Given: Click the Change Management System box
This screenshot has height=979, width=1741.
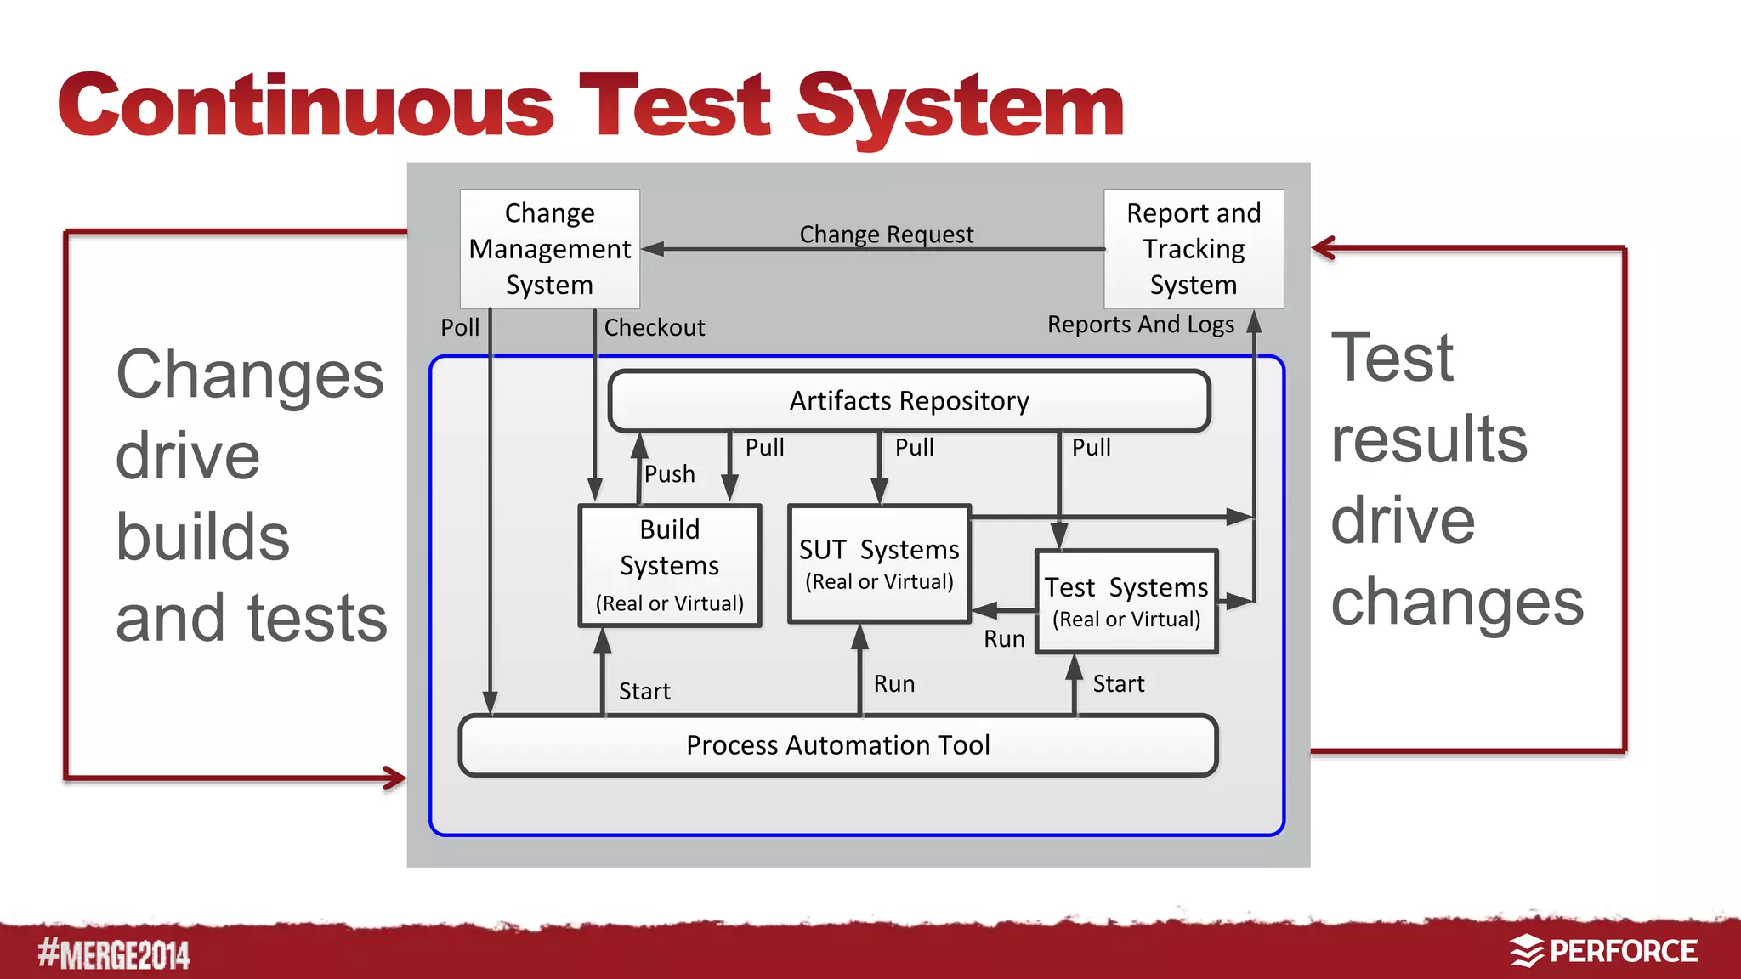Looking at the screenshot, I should click(549, 248).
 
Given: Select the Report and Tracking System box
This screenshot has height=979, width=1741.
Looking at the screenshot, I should click(1193, 248).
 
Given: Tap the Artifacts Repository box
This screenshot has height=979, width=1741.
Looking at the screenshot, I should click(909, 400).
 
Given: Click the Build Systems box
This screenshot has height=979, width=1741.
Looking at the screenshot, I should click(670, 565).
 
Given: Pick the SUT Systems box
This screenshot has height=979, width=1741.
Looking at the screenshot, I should click(879, 563).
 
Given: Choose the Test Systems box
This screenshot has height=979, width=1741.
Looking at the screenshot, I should click(1126, 602).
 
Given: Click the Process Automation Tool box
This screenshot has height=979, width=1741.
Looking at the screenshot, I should click(837, 745).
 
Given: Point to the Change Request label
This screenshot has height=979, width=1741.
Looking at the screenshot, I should click(886, 234).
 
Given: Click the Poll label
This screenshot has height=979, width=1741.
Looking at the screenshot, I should click(460, 327).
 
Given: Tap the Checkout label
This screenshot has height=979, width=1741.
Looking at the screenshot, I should click(654, 327).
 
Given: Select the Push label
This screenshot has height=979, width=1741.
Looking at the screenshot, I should click(669, 473).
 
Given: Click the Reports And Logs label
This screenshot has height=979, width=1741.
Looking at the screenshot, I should click(1140, 324).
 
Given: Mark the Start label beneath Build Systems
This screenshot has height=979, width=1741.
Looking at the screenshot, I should click(644, 691).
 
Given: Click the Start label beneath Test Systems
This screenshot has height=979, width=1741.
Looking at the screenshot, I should click(1118, 683).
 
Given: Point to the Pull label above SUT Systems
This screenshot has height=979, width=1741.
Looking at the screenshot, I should click(914, 447).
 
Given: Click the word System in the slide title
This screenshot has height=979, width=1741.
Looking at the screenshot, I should click(961, 106).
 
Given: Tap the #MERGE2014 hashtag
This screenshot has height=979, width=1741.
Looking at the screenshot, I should click(113, 954).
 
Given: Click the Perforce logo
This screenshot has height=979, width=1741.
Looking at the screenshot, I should click(1603, 951).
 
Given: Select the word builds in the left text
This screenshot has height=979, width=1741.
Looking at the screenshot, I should click(202, 537).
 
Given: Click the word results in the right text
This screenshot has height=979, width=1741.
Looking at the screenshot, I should click(1429, 439).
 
